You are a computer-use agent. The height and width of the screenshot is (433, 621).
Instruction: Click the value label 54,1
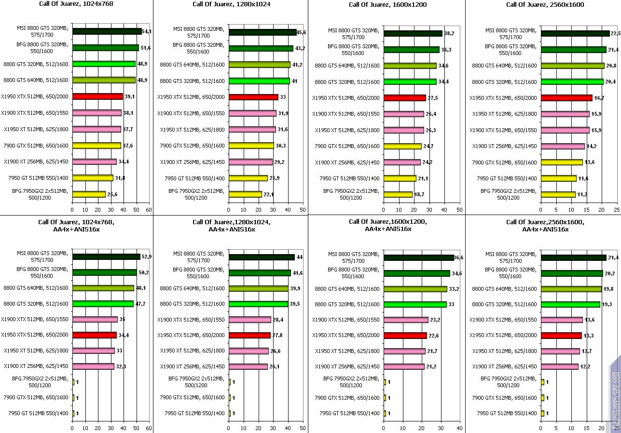[x=147, y=31]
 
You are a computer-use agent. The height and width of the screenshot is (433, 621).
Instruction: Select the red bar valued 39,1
[x=97, y=96]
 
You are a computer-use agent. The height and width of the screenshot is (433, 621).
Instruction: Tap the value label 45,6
[x=302, y=32]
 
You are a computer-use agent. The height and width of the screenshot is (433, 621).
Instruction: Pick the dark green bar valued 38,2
[x=413, y=34]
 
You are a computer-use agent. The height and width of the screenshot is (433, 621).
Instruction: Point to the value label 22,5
[x=615, y=33]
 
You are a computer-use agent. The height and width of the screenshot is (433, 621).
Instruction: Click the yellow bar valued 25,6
[x=89, y=194]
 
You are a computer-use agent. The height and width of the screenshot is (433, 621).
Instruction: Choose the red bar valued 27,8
[x=250, y=335]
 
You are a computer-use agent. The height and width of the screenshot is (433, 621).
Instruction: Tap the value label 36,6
[x=459, y=257]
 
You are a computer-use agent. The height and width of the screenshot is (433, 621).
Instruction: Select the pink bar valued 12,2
[x=560, y=367]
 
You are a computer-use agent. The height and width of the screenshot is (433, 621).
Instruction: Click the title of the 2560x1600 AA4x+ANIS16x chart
[x=545, y=226]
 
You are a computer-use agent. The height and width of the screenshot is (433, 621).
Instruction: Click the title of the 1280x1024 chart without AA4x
[x=231, y=4]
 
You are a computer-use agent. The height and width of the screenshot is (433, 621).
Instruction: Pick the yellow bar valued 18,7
[x=398, y=195]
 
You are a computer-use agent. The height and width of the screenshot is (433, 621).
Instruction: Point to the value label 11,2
[x=582, y=195]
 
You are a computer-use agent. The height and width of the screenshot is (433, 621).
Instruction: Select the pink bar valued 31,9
[x=253, y=113]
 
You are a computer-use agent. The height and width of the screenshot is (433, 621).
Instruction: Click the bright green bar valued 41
[x=260, y=81]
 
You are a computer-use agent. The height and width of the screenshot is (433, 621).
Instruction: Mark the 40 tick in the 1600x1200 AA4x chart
[x=459, y=428]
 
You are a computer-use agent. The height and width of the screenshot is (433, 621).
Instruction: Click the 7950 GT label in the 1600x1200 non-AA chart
[x=349, y=178]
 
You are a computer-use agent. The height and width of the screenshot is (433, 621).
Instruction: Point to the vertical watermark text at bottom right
[x=615, y=395]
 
